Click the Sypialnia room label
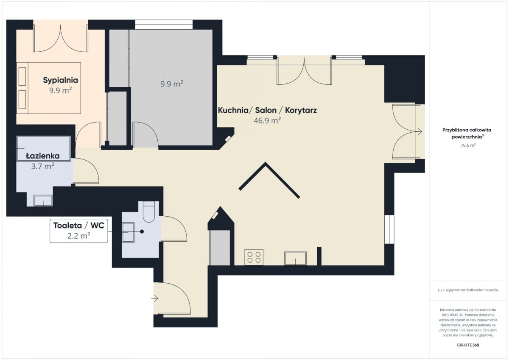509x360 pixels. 60,80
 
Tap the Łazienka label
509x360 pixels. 43,156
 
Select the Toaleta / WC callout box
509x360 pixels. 78,231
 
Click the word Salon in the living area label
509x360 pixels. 266,110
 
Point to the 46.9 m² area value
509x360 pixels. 267,120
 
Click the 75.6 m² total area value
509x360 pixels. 468,145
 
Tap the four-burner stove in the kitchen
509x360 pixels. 254,257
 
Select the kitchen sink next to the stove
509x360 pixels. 295,258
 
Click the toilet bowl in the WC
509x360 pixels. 148,212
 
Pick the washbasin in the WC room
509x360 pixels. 128,232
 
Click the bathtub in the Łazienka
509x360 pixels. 44,148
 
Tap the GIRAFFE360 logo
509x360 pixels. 468,345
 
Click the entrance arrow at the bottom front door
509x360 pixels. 155,298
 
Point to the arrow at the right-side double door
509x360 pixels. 419,131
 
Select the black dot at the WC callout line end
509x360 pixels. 142,232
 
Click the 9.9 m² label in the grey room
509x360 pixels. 172,84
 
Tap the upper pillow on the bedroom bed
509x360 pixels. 22,76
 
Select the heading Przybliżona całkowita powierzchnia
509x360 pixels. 467,133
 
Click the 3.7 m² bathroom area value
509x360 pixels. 42,167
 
